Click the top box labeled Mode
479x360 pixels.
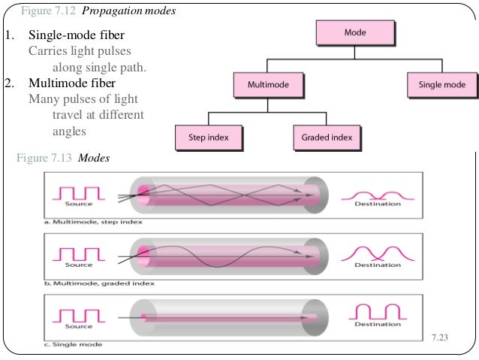[355, 33]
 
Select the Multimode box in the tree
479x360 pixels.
[258, 85]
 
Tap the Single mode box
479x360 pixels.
[441, 85]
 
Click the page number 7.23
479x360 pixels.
[439, 337]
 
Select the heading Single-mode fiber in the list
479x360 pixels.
[77, 36]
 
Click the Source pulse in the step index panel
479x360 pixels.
[79, 193]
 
